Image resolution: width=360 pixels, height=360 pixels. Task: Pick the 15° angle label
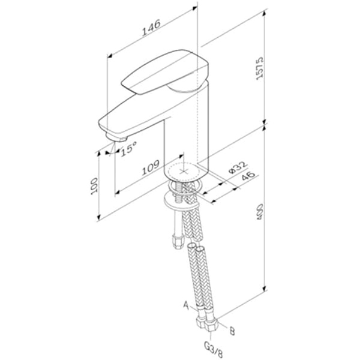128,148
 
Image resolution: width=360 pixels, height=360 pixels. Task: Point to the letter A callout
186,305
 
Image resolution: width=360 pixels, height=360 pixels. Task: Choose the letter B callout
231,329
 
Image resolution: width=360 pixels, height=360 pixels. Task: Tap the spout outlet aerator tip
115,142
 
